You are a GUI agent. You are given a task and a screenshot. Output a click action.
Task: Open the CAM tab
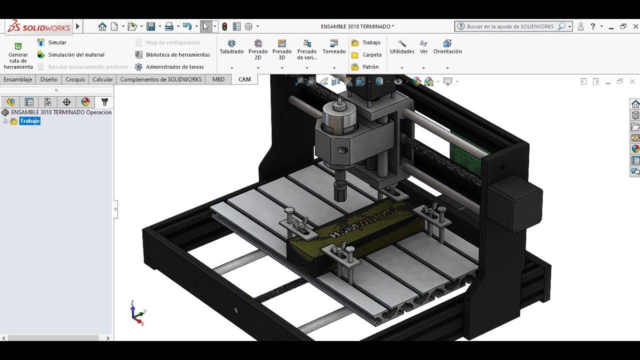(244, 79)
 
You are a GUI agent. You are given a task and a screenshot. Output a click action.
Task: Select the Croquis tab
(75, 79)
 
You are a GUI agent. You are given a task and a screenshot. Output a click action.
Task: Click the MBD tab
(218, 79)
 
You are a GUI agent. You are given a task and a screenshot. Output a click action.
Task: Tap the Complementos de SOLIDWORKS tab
(160, 79)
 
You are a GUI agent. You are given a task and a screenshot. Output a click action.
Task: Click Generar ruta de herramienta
(18, 55)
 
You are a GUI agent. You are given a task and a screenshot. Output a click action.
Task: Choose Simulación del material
(76, 55)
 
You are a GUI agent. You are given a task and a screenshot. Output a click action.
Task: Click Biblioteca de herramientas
(177, 55)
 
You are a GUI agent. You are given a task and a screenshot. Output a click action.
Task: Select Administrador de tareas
(174, 67)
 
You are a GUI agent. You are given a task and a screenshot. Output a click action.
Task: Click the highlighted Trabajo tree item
(30, 121)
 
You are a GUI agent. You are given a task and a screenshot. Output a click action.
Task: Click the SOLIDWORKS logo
(39, 26)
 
